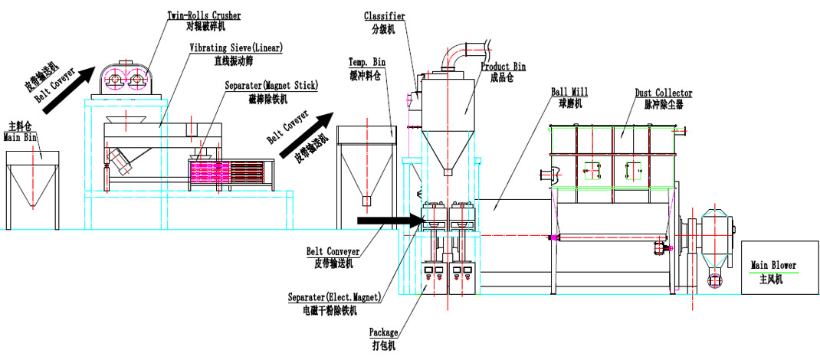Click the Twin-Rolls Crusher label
coord(204,15)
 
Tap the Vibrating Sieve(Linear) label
coord(236,47)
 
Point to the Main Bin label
coord(18,137)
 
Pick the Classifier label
coord(385,16)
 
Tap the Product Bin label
coord(503,67)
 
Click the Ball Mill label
coord(569,93)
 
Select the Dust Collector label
coord(664,93)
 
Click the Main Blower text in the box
coord(773,266)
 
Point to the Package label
coord(384,332)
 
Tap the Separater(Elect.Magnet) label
coord(333,299)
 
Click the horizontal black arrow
coord(389,220)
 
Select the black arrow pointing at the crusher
coord(68,91)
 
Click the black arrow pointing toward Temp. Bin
coord(307,136)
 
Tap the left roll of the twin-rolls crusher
coord(113,80)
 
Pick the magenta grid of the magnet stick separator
coord(209,172)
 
